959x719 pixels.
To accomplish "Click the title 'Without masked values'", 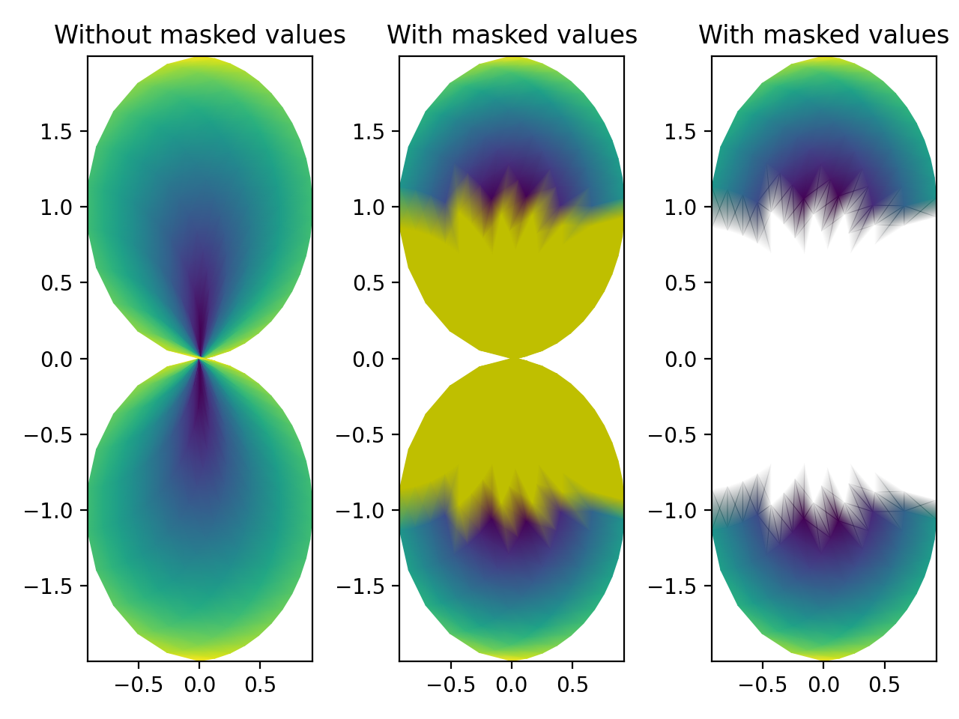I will tap(200, 35).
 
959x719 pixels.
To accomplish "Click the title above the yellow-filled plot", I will tap(512, 35).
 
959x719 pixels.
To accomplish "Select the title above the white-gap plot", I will tap(823, 35).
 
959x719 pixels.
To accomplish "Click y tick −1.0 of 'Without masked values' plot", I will tap(52, 511).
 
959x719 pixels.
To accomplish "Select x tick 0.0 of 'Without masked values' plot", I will tap(199, 685).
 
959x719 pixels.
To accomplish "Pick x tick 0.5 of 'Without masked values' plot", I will tap(260, 685).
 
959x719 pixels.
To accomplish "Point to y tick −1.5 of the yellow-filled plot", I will tap(364, 586).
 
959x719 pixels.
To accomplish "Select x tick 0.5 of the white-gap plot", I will tap(884, 685).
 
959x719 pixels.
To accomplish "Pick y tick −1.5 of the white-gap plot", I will tap(677, 586).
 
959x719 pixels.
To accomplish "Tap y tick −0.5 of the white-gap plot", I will tap(677, 435).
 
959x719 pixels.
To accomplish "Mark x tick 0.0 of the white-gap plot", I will tap(823, 685).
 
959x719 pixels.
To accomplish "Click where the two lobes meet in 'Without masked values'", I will tap(199, 359).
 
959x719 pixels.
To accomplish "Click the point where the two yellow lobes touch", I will tap(512, 359).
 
